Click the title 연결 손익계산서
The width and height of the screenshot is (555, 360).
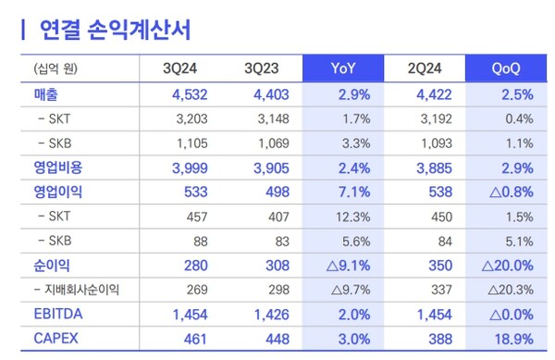tap(115, 31)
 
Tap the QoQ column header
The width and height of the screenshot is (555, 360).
tap(506, 68)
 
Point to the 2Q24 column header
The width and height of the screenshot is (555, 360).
tap(425, 68)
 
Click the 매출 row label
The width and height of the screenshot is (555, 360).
tap(49, 93)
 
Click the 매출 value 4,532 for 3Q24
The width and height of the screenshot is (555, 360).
tap(191, 93)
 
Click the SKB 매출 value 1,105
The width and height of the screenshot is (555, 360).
tap(194, 143)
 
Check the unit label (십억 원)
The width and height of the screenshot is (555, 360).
tap(56, 68)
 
